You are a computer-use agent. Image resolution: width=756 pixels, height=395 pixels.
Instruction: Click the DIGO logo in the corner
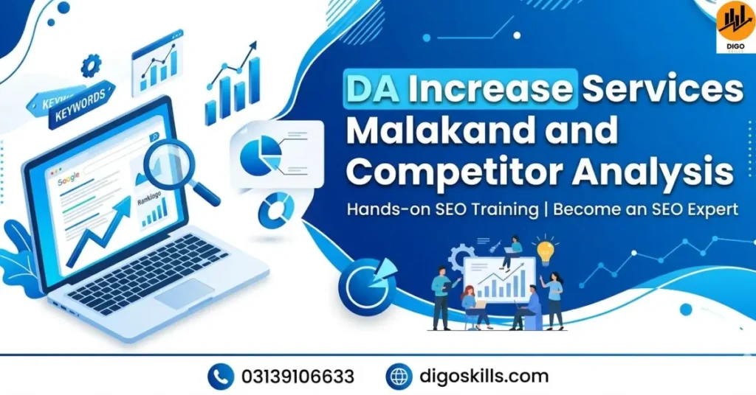coord(735,27)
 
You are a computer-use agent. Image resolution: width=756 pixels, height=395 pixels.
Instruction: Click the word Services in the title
coord(662,89)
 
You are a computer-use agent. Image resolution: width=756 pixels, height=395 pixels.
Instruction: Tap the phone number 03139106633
coord(298,377)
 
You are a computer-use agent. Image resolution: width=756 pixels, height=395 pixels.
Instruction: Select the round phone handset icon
coord(220,377)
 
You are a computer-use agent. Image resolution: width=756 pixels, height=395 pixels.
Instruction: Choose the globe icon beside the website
coord(399,377)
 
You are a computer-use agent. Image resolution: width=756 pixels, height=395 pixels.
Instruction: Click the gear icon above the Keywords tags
coord(90,66)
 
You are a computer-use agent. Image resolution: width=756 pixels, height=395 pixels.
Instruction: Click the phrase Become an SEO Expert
coord(645,209)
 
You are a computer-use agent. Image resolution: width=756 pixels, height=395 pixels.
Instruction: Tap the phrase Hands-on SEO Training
coord(442,209)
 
